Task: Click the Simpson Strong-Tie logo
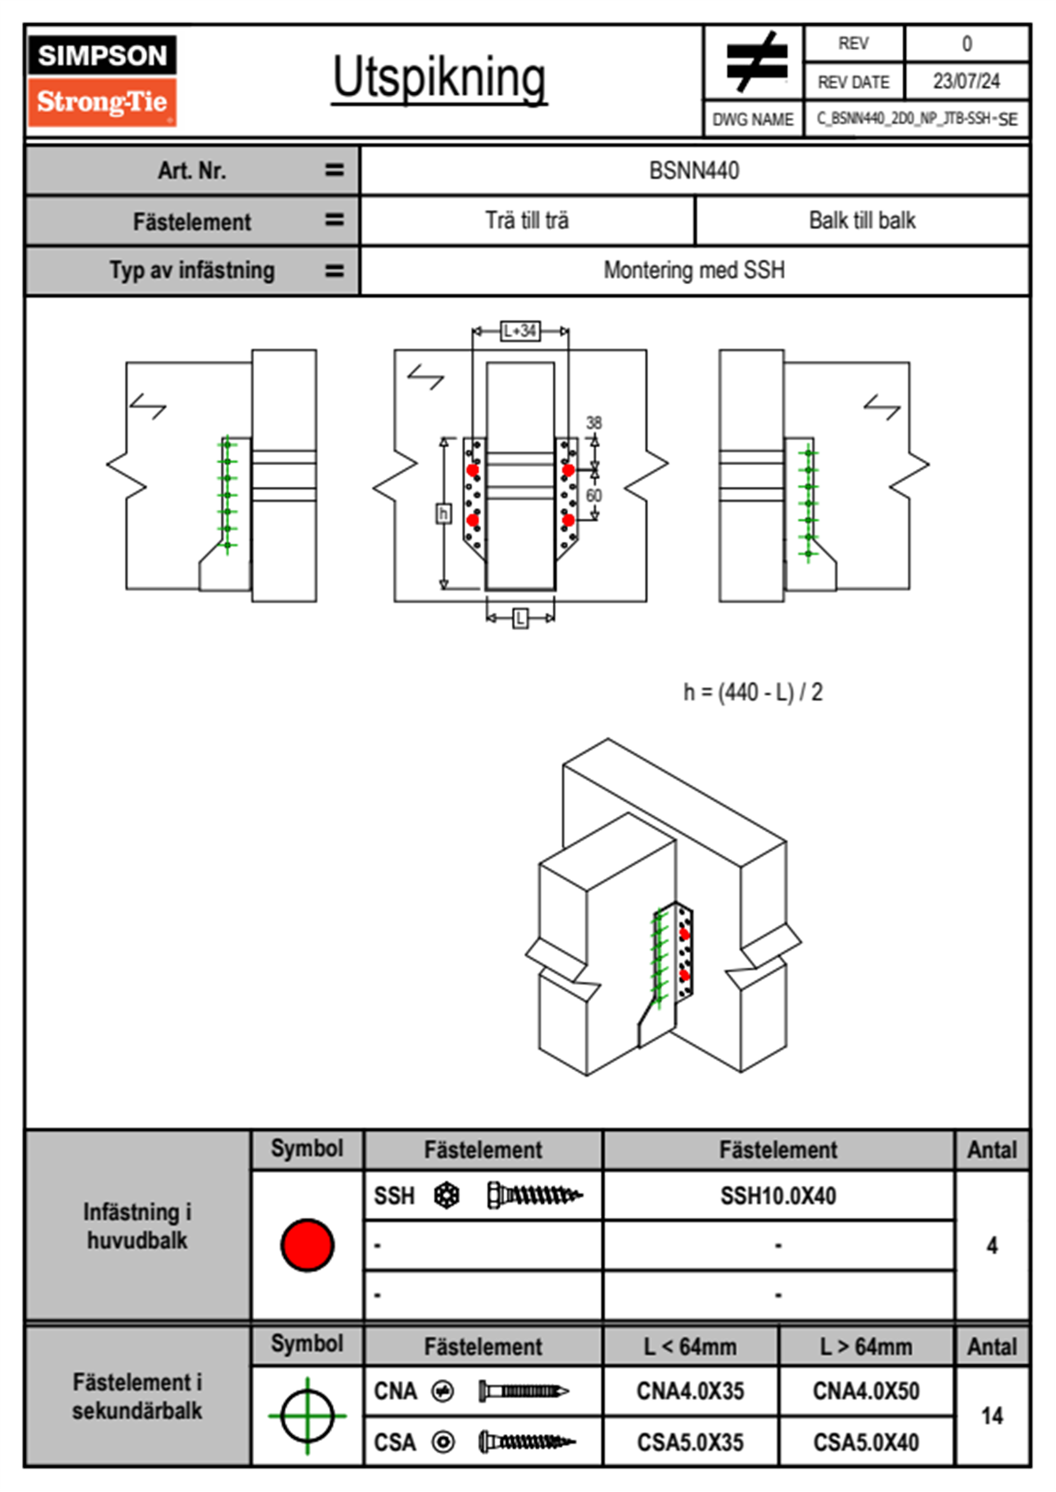[x=101, y=81]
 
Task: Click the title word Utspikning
[x=439, y=78]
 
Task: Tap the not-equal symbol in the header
[x=755, y=62]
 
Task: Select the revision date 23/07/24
[x=965, y=82]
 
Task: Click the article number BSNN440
[x=694, y=170]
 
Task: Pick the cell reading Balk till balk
[x=862, y=221]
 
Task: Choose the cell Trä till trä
[x=527, y=221]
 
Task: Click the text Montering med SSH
[x=694, y=271]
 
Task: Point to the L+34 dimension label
[x=520, y=331]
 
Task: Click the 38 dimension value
[x=594, y=423]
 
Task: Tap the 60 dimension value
[x=594, y=495]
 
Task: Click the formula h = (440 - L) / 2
[x=753, y=692]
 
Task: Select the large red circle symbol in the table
[x=307, y=1245]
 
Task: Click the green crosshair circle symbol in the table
[x=307, y=1416]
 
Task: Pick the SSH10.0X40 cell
[x=778, y=1196]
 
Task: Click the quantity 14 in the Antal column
[x=992, y=1416]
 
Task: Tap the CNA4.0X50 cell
[x=866, y=1391]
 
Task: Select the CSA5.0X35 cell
[x=690, y=1442]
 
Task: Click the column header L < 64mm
[x=690, y=1347]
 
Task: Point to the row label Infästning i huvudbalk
[x=138, y=1226]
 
